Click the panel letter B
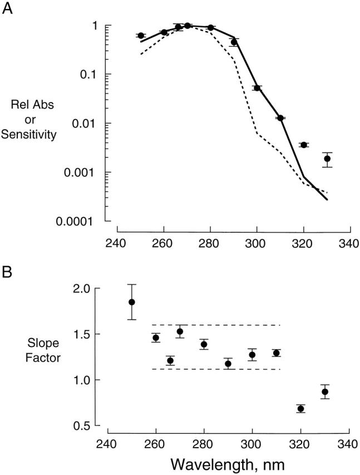pyautogui.click(x=8, y=273)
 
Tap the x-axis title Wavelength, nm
pyautogui.click(x=228, y=463)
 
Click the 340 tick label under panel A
pyautogui.click(x=349, y=243)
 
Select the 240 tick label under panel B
pyautogui.click(x=108, y=444)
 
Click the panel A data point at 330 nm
pyautogui.click(x=327, y=159)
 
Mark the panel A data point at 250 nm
pyautogui.click(x=140, y=36)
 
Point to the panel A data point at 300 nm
pyautogui.click(x=257, y=88)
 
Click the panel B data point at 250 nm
pyautogui.click(x=132, y=302)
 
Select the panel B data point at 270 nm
pyautogui.click(x=180, y=332)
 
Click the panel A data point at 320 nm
pyautogui.click(x=304, y=145)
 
